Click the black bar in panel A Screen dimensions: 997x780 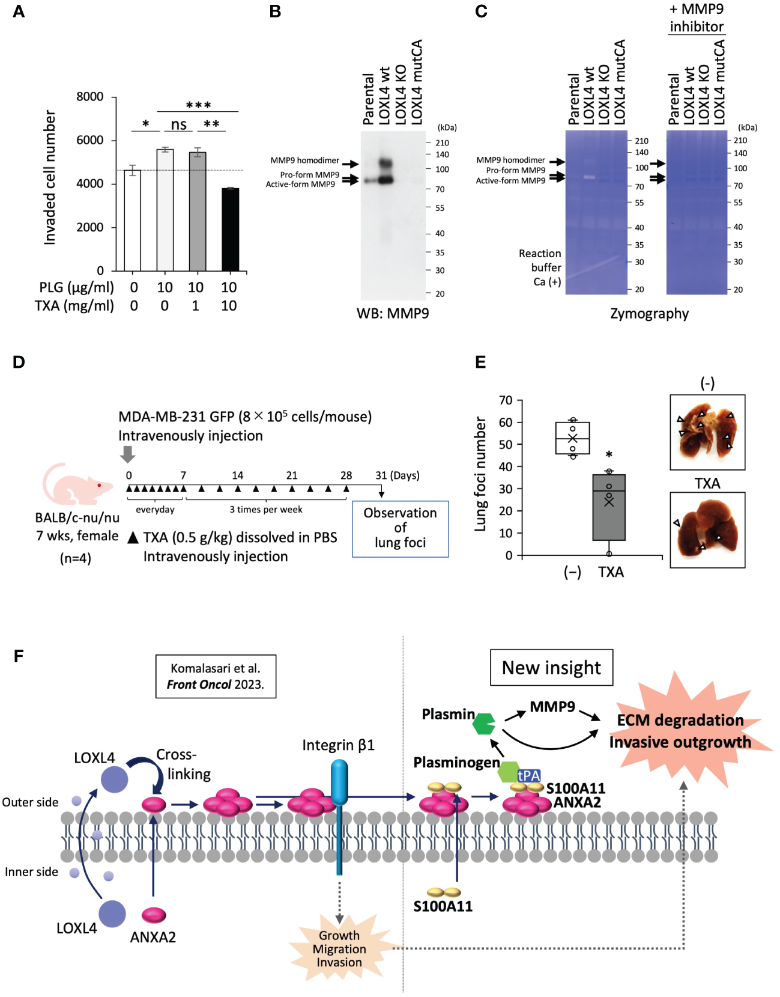tap(230, 230)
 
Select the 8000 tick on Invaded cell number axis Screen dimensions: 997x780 tap(90, 97)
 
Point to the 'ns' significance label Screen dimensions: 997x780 tap(178, 124)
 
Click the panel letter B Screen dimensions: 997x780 tap(275, 11)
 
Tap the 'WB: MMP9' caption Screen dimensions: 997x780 tap(393, 313)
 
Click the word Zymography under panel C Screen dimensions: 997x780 tap(649, 313)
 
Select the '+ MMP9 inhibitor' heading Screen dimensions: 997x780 tap(697, 18)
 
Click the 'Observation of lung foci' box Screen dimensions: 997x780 tap(400, 528)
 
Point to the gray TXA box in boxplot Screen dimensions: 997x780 tap(609, 507)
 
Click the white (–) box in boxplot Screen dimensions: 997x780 tap(572, 438)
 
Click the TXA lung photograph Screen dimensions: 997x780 tap(707, 530)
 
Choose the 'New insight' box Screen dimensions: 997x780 tap(551, 668)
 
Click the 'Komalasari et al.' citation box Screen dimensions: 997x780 tap(216, 676)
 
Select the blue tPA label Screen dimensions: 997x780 tap(528, 775)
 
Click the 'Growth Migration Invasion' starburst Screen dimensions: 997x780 tap(339, 948)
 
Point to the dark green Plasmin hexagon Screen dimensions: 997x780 tap(484, 724)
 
